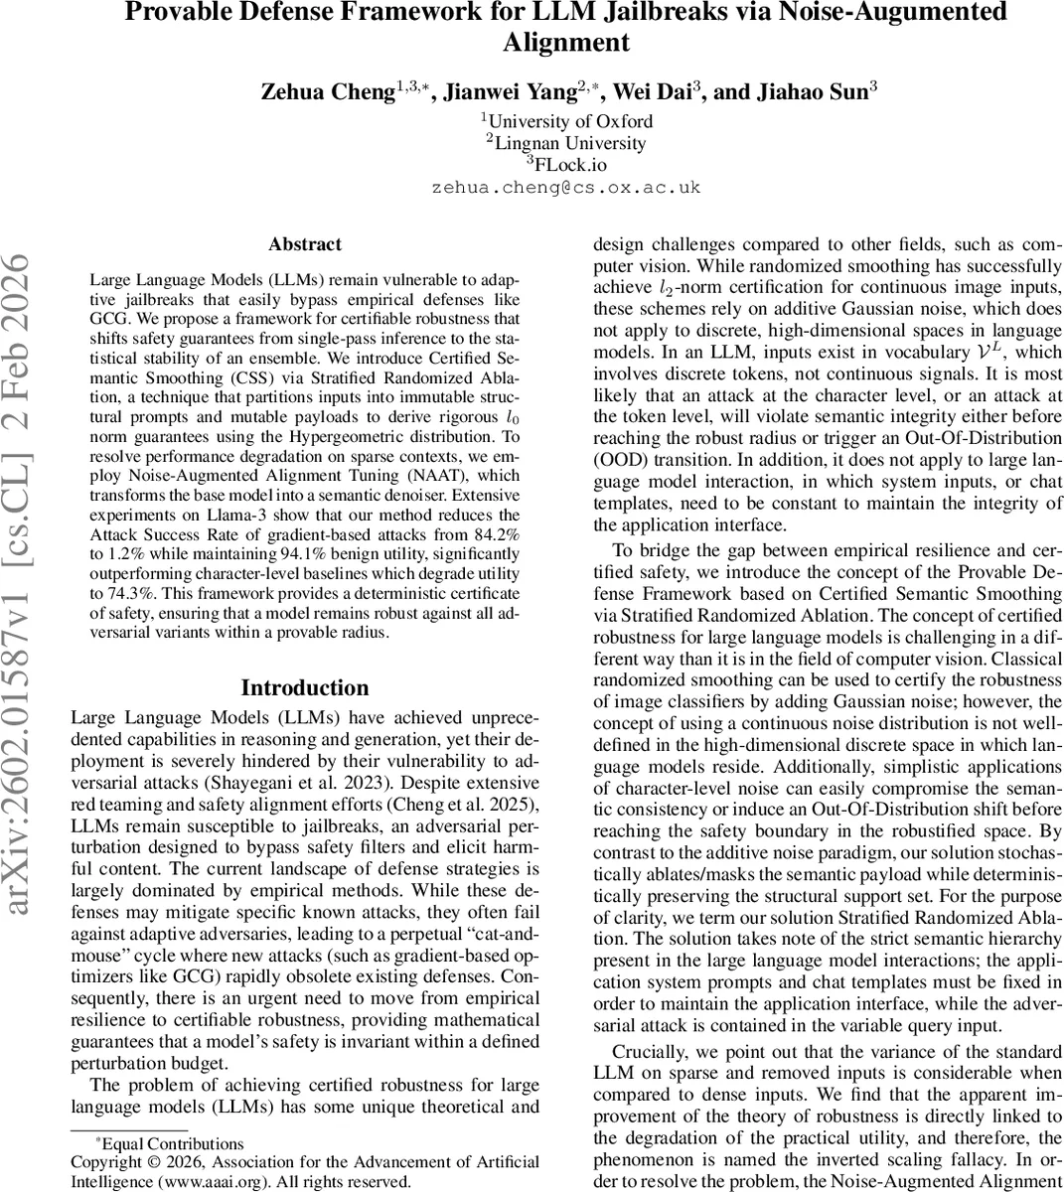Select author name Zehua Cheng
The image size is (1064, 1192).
328,92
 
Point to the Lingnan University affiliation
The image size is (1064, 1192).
568,143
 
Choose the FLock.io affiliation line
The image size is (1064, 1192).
567,165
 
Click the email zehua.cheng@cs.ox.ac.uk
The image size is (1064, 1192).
565,187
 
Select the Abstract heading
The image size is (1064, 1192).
304,244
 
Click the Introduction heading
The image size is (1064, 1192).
304,688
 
